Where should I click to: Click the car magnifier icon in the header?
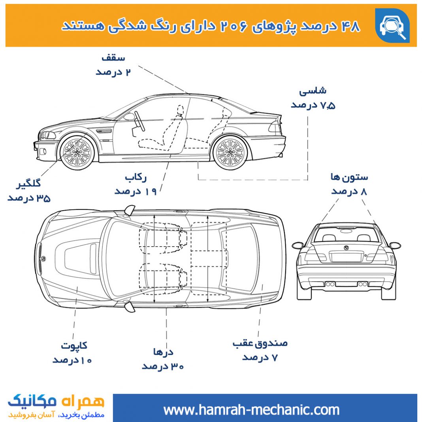point(392,26)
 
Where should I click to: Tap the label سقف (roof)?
point(113,58)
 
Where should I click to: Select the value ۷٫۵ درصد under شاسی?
point(313,105)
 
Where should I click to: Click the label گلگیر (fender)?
point(28,184)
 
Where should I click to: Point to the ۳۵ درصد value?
point(29,198)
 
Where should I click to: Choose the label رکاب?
point(136,177)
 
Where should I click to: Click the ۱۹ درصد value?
point(136,191)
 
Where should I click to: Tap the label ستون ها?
point(349,177)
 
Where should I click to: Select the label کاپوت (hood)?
point(74,345)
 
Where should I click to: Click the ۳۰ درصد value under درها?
point(163,366)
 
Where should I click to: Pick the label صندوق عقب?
point(260,343)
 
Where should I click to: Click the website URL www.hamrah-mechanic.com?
point(251,410)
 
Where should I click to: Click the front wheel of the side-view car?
point(77,153)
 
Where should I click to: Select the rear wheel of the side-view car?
point(230,153)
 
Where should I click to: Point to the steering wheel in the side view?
point(140,121)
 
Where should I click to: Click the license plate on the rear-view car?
point(346,257)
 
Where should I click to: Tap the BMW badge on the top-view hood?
point(43,259)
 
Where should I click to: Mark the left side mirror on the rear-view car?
point(298,245)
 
